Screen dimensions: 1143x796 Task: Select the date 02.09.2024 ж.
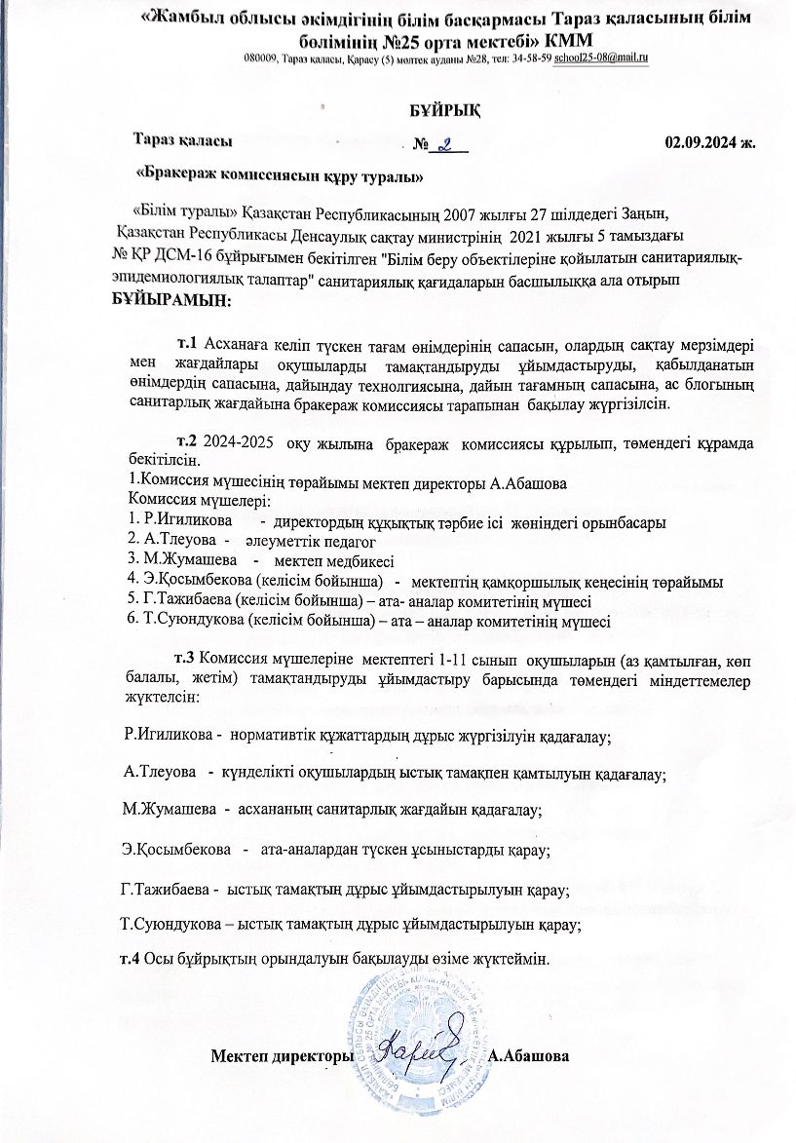tap(710, 141)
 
